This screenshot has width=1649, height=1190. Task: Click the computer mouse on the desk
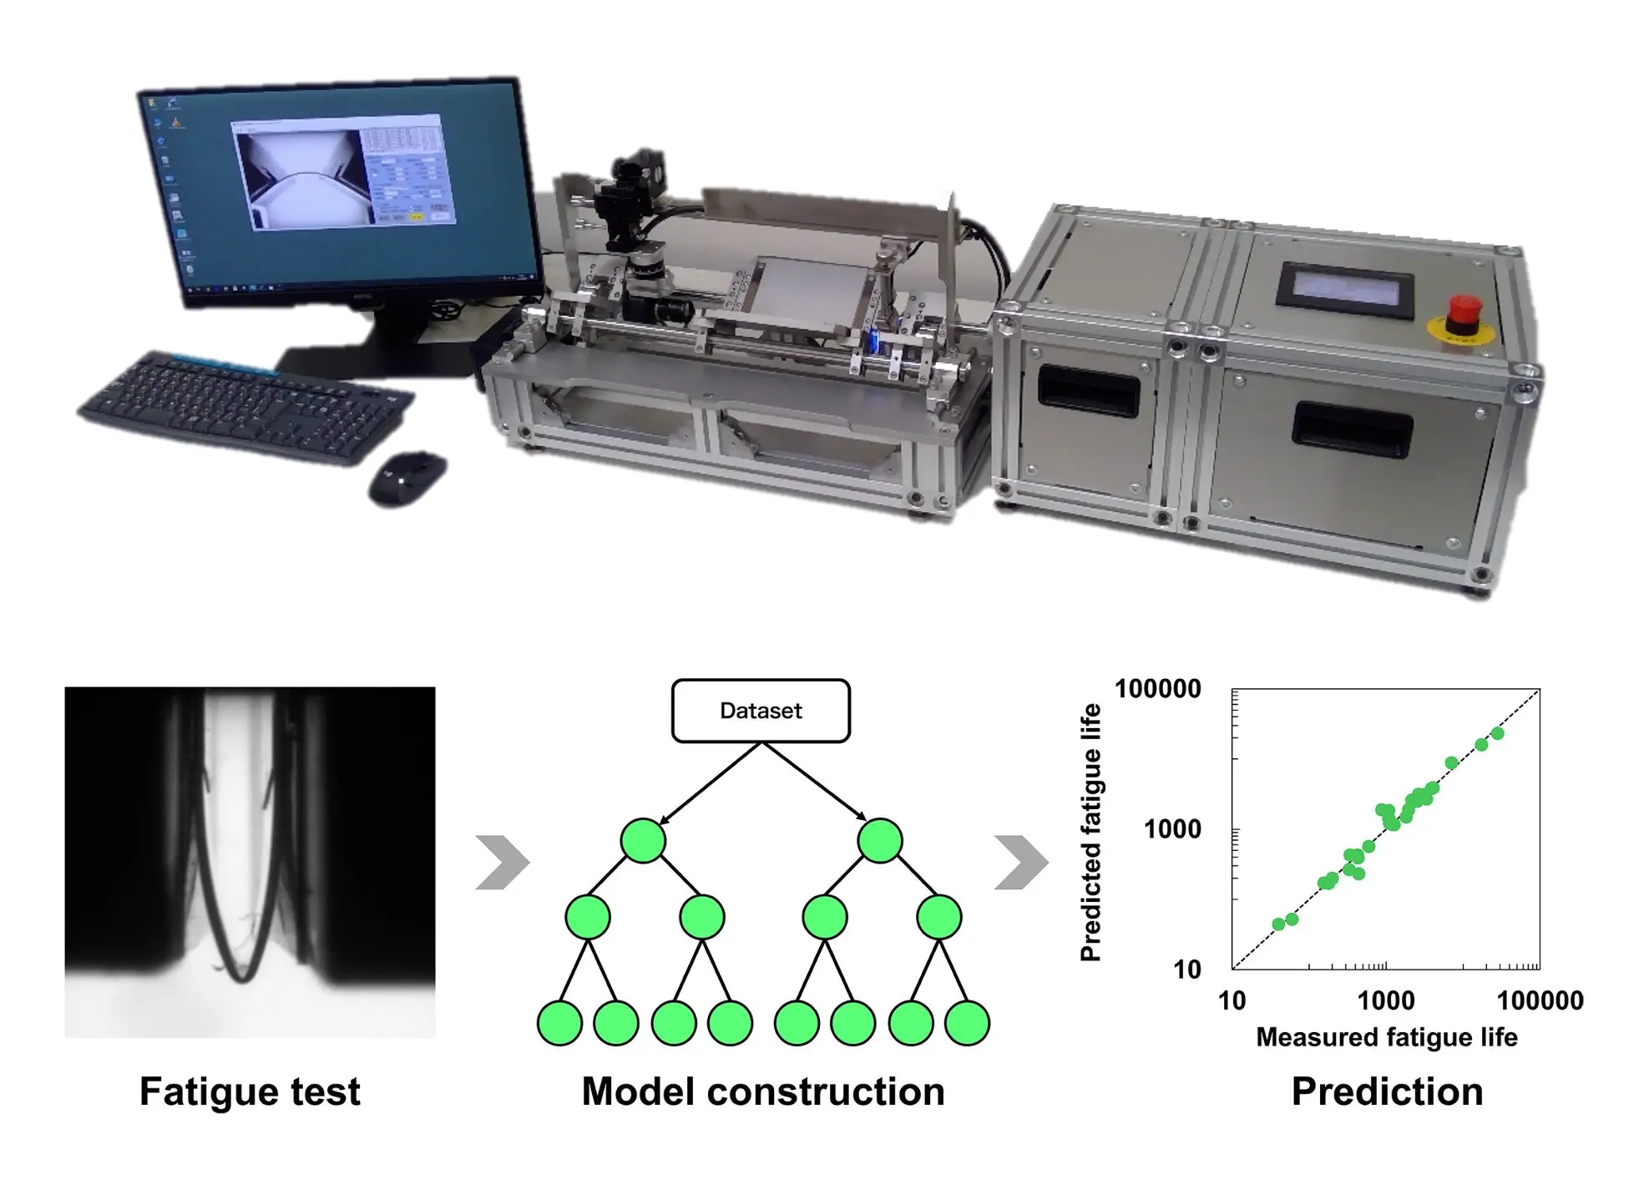coord(407,478)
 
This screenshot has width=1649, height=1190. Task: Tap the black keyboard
coord(246,407)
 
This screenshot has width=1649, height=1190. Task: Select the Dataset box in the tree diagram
coord(761,711)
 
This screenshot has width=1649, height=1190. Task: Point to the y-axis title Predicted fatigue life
coord(1090,832)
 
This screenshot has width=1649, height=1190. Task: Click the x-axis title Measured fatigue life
coord(1386,1037)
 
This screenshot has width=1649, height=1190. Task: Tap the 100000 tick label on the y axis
coord(1157,689)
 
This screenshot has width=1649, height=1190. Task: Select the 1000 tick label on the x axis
coord(1386,1000)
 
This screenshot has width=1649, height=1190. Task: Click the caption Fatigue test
coord(250,1091)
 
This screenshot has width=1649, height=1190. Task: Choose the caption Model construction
coord(763,1091)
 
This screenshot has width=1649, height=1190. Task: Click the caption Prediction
coord(1387,1091)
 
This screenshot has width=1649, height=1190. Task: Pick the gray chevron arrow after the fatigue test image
coord(502,862)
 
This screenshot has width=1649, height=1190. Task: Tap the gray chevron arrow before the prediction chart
coord(1020,862)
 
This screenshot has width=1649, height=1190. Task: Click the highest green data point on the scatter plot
coord(1497,733)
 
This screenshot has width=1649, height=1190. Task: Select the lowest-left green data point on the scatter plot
coord(1278,924)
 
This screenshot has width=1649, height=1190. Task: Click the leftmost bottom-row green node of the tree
coord(559,1023)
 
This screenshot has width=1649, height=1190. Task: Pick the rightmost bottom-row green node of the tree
coord(967,1023)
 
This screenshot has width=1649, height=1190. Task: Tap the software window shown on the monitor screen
coord(343,172)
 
